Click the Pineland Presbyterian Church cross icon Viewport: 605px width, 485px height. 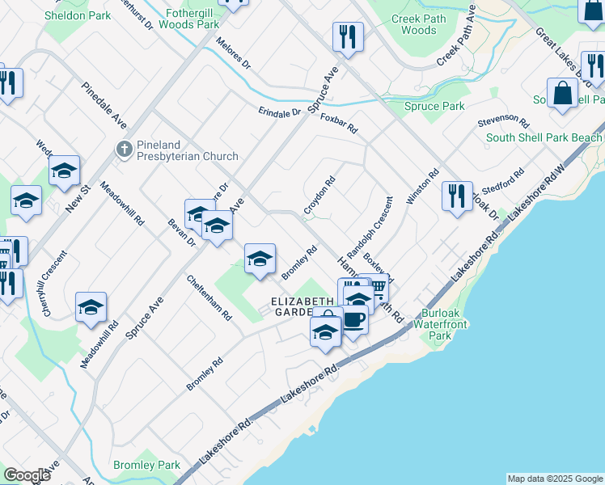pyautogui.click(x=124, y=148)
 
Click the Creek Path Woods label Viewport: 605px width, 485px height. pyautogui.click(x=418, y=23)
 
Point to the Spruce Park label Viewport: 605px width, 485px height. pyautogui.click(x=434, y=106)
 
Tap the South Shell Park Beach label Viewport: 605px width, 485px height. pyautogui.click(x=544, y=137)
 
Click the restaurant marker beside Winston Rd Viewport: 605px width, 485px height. pyautogui.click(x=457, y=195)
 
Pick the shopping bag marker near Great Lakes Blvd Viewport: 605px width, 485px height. pyautogui.click(x=562, y=93)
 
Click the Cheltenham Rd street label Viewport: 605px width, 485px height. pyautogui.click(x=209, y=297)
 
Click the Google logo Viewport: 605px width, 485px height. pyautogui.click(x=27, y=475)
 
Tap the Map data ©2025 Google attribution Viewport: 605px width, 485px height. pyautogui.click(x=554, y=479)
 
